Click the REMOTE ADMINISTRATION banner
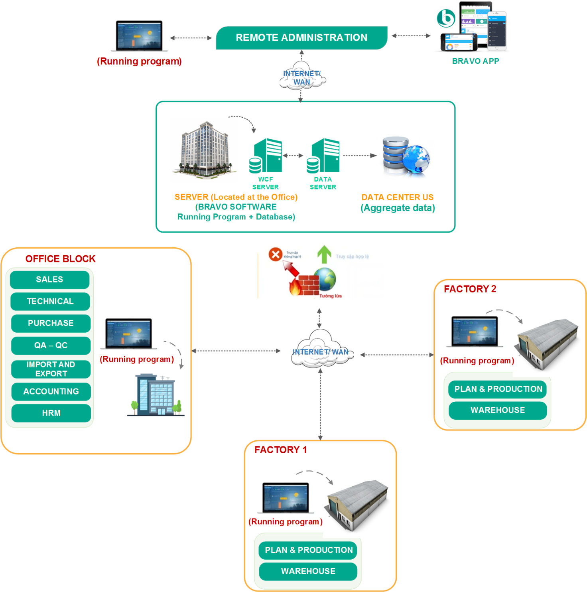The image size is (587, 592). click(x=301, y=38)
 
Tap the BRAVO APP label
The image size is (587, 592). click(x=475, y=61)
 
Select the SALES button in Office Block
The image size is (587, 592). click(x=49, y=280)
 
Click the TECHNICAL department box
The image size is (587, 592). click(x=50, y=301)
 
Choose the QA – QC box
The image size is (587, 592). click(x=51, y=345)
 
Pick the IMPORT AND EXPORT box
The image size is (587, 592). click(x=51, y=369)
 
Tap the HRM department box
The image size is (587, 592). click(x=51, y=413)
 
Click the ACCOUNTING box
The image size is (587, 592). click(x=51, y=391)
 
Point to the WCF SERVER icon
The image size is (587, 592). click(x=266, y=156)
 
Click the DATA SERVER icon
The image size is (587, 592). click(x=323, y=156)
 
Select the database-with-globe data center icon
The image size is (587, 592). click(x=406, y=156)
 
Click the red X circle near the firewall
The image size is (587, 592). click(x=275, y=254)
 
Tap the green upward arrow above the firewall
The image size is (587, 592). click(x=324, y=255)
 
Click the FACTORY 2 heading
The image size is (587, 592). click(x=470, y=289)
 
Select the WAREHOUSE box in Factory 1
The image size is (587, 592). click(x=308, y=571)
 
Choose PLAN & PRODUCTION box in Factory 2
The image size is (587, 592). click(x=498, y=389)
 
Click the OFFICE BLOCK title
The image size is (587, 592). click(x=61, y=259)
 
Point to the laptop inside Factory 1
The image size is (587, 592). click(x=286, y=497)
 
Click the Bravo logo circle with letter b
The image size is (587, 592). click(x=446, y=18)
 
